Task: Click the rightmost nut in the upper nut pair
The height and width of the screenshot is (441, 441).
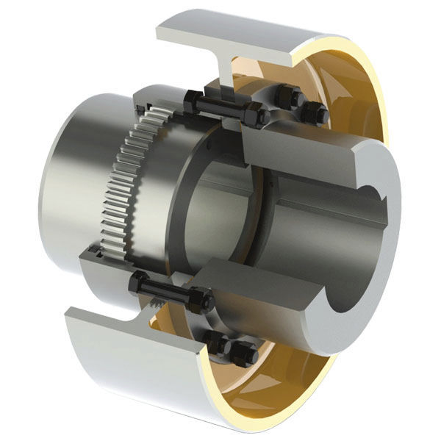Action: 317,112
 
